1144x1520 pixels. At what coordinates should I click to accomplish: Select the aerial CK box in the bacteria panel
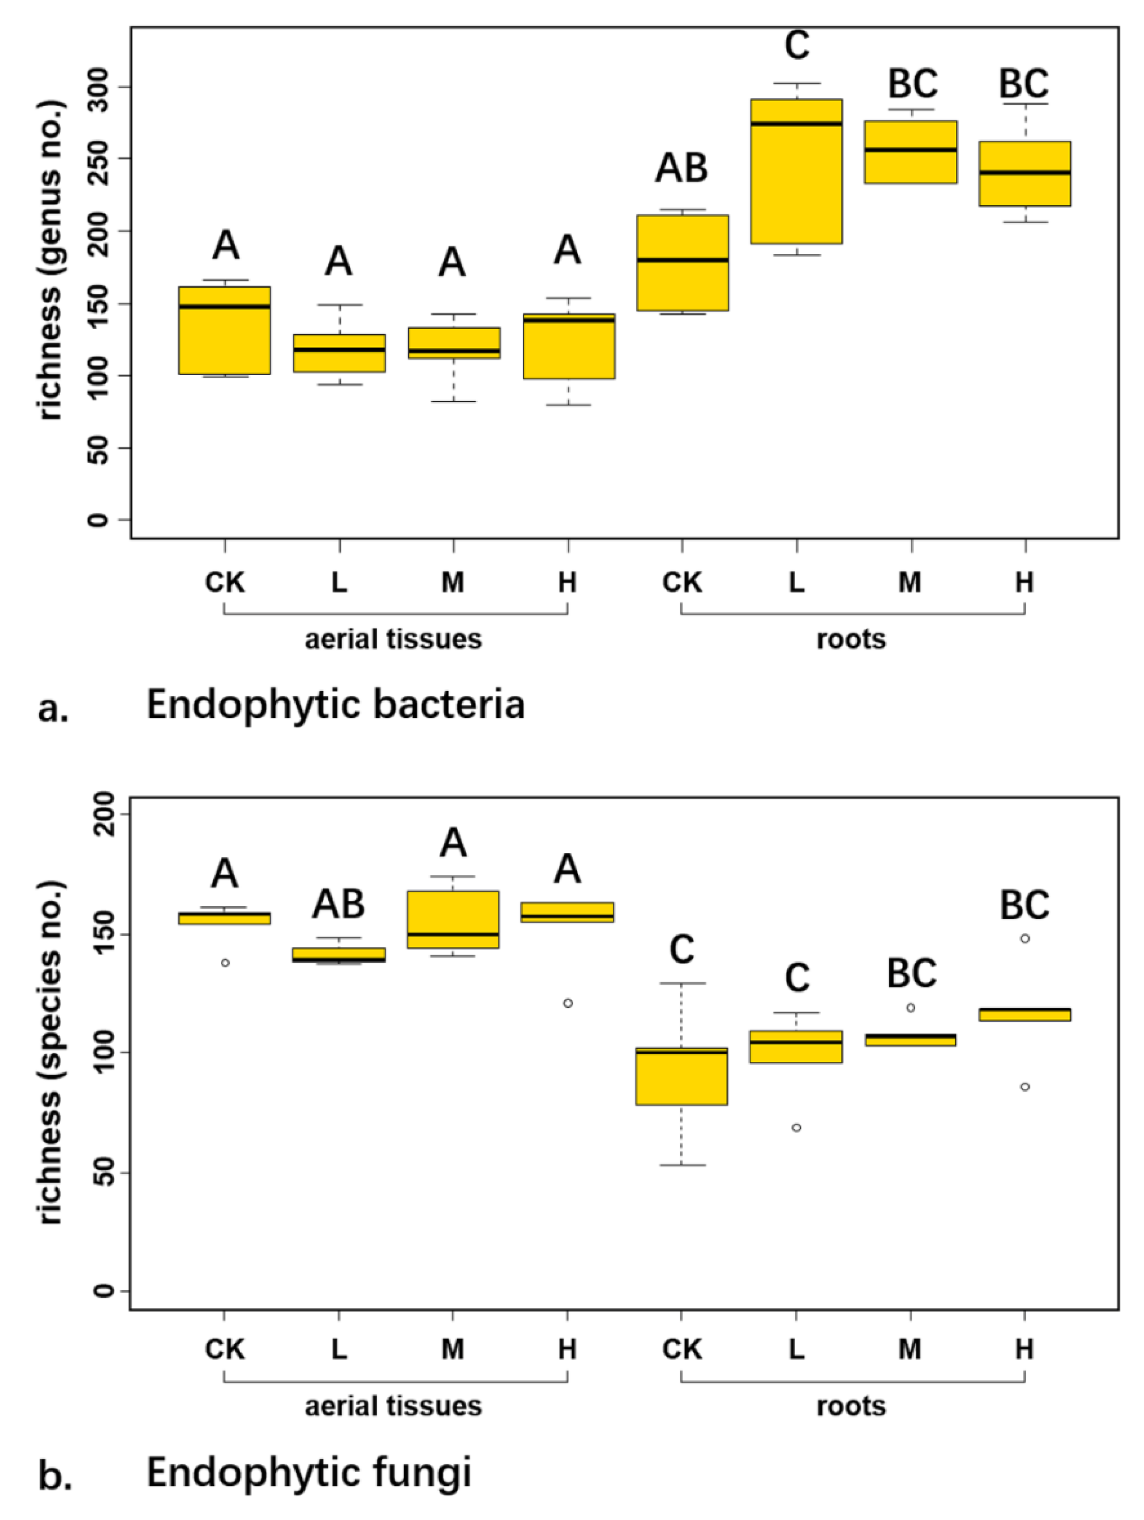point(224,330)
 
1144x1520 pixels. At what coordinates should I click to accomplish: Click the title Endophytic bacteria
point(336,705)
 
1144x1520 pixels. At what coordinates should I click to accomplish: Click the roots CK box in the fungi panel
point(681,1076)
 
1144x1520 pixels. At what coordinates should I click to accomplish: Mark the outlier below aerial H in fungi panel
point(568,1003)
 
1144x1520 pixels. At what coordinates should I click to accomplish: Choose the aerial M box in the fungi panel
point(453,919)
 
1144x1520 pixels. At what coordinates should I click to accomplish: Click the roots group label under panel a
point(851,639)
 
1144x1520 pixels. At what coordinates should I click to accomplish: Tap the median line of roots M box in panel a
point(910,150)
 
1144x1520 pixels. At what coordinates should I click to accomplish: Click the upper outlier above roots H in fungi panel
point(1025,939)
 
